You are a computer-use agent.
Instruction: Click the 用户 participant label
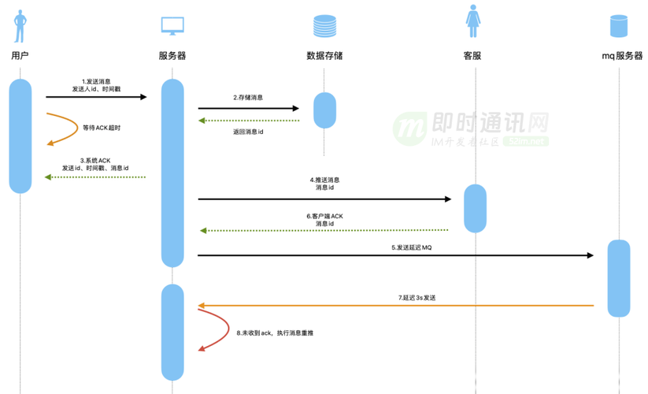[20, 56]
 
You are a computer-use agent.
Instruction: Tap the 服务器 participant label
[172, 56]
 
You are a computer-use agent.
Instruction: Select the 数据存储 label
[324, 56]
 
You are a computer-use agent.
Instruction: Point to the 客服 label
[472, 56]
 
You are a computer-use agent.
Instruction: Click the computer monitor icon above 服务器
[172, 25]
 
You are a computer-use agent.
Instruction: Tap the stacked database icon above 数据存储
[324, 25]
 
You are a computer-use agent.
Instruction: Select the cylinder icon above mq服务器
[619, 25]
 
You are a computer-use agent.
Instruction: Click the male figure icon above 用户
[20, 24]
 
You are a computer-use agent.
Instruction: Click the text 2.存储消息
[248, 98]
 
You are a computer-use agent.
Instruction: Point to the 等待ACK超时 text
[102, 128]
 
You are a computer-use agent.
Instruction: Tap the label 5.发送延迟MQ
[412, 247]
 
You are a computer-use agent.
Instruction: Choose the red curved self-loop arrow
[206, 329]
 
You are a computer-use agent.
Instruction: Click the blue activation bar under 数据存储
[324, 110]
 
